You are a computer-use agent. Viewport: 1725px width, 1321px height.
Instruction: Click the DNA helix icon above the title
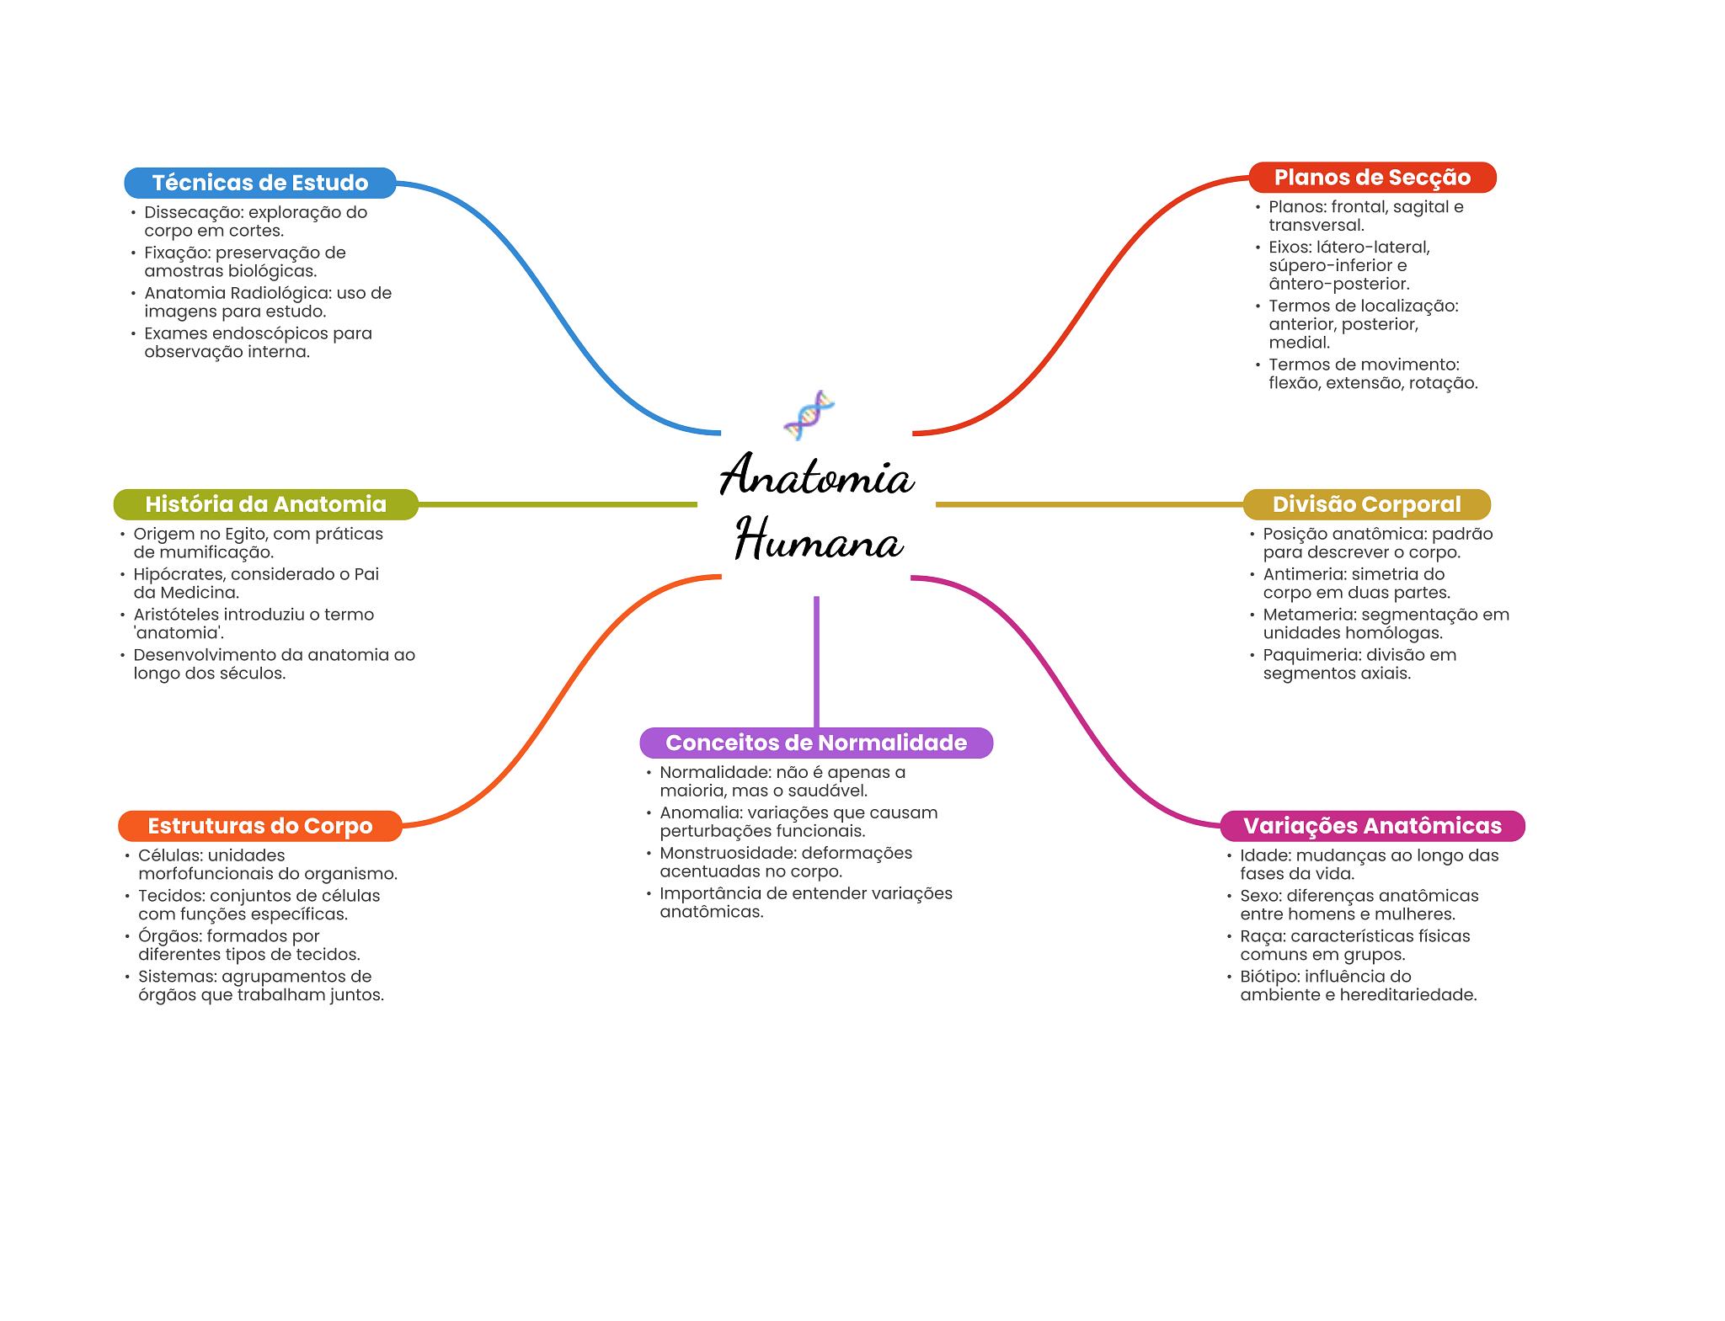click(x=809, y=414)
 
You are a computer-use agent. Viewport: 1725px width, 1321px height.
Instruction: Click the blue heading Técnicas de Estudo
click(x=259, y=183)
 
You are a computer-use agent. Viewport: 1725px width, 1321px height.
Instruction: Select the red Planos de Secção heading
click(x=1372, y=178)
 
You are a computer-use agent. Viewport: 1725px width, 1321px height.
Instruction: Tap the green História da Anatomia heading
click(x=265, y=504)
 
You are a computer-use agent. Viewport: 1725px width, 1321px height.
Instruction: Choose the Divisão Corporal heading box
click(x=1366, y=504)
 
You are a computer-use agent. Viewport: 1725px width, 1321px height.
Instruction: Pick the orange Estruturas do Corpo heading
click(x=259, y=826)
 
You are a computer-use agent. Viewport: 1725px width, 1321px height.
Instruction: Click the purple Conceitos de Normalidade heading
click(x=815, y=743)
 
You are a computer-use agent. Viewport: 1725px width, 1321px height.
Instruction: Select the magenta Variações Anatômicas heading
click(x=1372, y=826)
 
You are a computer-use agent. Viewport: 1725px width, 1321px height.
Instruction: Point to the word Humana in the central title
click(x=819, y=540)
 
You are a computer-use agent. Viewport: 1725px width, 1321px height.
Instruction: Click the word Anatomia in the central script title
click(x=816, y=477)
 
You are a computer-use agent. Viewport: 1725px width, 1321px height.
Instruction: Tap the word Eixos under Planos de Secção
click(x=1290, y=247)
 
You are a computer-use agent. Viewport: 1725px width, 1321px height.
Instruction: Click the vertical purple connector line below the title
click(x=816, y=661)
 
